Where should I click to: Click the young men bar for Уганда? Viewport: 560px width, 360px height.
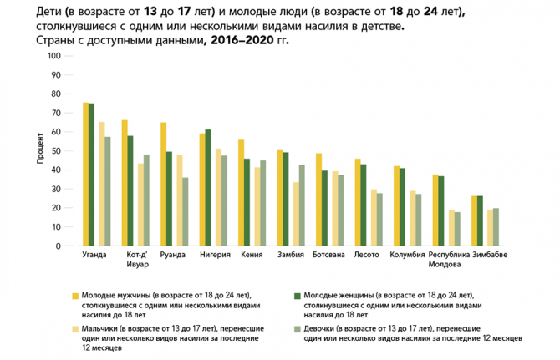(x=85, y=175)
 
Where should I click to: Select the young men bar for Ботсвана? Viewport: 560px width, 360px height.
(x=318, y=200)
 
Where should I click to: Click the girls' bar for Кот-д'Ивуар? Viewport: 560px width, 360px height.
(x=146, y=200)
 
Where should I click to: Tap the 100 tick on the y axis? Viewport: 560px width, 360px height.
(x=55, y=56)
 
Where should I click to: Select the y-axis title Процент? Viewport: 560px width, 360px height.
(x=39, y=151)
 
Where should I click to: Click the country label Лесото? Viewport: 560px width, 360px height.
(x=366, y=256)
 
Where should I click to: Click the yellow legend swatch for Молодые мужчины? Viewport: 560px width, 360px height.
(x=74, y=296)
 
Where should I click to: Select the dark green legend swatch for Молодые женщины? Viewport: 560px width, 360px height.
(x=296, y=296)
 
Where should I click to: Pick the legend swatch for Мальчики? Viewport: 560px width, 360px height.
(x=74, y=329)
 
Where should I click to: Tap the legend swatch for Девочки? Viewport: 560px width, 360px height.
(x=296, y=329)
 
